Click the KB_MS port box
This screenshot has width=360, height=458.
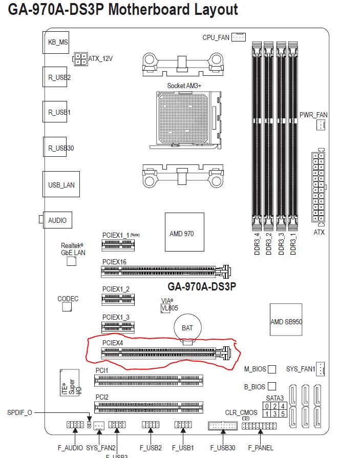(55, 43)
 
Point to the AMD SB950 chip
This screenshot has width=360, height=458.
(286, 322)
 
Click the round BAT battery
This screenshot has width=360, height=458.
(187, 327)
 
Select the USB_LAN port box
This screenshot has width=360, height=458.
(61, 184)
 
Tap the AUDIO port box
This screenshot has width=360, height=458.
(57, 220)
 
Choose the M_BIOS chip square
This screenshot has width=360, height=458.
(272, 369)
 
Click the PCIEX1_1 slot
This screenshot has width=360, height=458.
(118, 246)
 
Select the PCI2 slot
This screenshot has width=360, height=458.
(149, 408)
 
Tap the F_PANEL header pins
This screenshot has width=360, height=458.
(259, 426)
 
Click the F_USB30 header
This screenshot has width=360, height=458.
(223, 426)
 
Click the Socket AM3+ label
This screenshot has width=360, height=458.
(184, 86)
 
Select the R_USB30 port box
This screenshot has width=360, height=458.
(55, 148)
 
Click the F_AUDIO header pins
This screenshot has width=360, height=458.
(75, 425)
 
